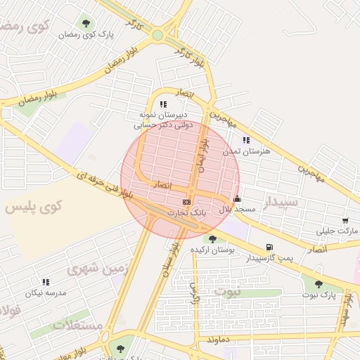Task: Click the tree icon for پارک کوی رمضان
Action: click(x=86, y=23)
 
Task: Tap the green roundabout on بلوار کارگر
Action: click(x=157, y=34)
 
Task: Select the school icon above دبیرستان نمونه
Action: click(x=164, y=104)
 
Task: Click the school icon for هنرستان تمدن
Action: click(x=246, y=140)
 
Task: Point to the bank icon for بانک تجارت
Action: click(x=186, y=202)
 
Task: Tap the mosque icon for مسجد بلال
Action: click(x=237, y=198)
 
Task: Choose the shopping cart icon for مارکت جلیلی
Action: click(x=345, y=221)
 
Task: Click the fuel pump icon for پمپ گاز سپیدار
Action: click(x=269, y=247)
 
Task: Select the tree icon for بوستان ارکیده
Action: click(x=212, y=239)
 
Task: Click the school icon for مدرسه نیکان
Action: click(x=46, y=282)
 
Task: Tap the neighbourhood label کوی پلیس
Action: click(x=33, y=207)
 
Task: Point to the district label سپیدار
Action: click(x=281, y=203)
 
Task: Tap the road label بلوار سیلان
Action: click(x=170, y=258)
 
